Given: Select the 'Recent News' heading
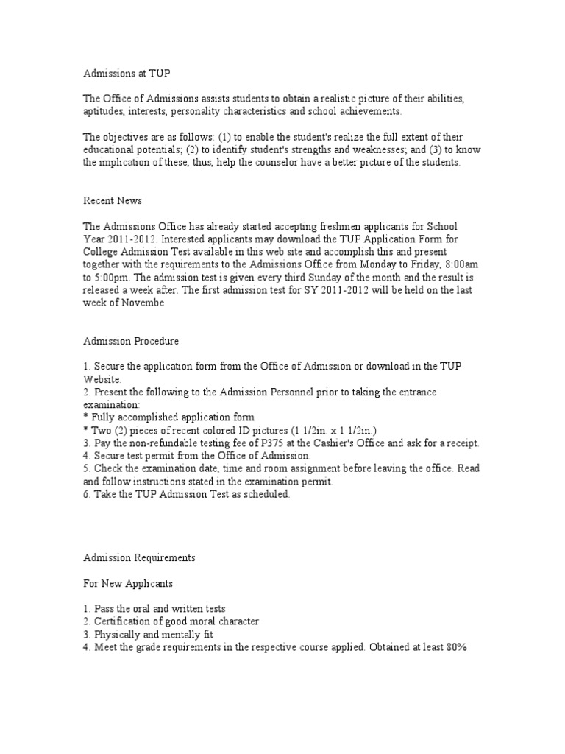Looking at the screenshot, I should coord(112,200).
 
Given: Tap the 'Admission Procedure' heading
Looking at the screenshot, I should coord(130,341).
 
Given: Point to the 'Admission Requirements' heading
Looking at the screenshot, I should coord(138,558).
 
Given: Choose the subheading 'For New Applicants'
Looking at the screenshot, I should coord(128,583).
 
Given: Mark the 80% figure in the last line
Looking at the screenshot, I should coord(455,646).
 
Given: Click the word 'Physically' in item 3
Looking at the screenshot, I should coord(118,633).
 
